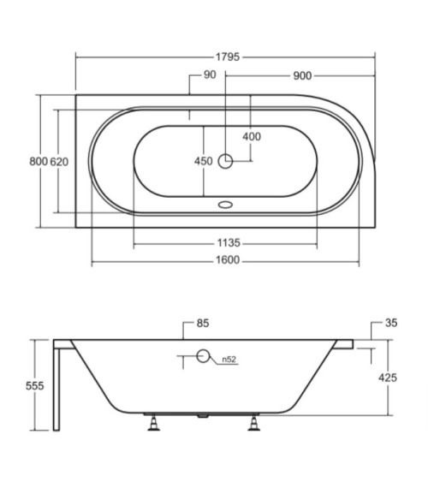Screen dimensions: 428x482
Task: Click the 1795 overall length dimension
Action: (x=228, y=57)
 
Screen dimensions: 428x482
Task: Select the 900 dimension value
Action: (x=302, y=75)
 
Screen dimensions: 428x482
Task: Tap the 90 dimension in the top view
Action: (x=210, y=74)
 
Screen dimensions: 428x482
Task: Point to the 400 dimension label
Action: (x=252, y=136)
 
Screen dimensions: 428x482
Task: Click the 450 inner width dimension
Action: (x=204, y=161)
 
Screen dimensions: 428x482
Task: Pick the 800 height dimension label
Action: (x=39, y=162)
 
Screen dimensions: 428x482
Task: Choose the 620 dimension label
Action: (x=59, y=162)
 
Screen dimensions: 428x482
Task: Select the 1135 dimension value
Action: (x=229, y=243)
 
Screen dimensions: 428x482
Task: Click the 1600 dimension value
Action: (x=228, y=260)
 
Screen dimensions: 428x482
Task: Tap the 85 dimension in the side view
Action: (x=203, y=324)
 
